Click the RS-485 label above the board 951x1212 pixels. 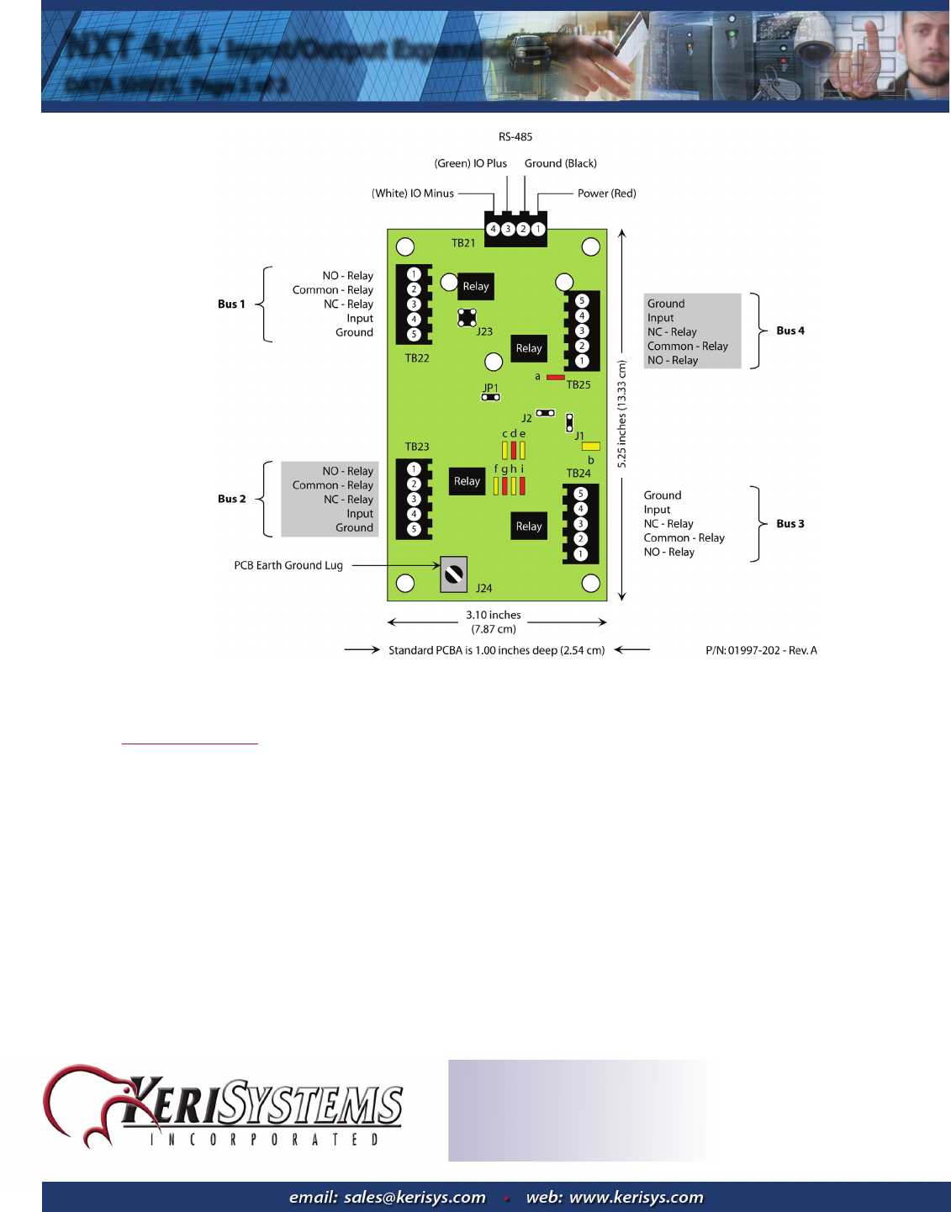(x=515, y=137)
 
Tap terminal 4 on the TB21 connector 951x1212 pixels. (x=494, y=229)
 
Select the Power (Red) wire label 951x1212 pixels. (x=606, y=193)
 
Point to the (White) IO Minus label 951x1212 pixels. (x=413, y=193)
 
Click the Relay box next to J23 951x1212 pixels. (x=475, y=287)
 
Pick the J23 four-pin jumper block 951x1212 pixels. (x=467, y=318)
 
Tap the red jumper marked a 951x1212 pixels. (x=555, y=378)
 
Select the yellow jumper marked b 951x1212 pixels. (x=591, y=447)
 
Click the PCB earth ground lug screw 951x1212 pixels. (x=454, y=574)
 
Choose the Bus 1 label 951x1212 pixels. (x=231, y=304)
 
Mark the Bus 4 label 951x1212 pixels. (x=790, y=331)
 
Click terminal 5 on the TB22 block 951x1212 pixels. (x=414, y=335)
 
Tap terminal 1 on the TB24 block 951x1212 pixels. (x=580, y=554)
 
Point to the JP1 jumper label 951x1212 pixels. (x=490, y=389)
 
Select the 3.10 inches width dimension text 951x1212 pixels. (x=494, y=616)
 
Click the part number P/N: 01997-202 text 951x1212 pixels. (x=761, y=651)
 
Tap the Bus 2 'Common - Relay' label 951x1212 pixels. (x=333, y=485)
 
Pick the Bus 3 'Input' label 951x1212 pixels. (x=658, y=510)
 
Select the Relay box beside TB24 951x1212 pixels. (x=529, y=527)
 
